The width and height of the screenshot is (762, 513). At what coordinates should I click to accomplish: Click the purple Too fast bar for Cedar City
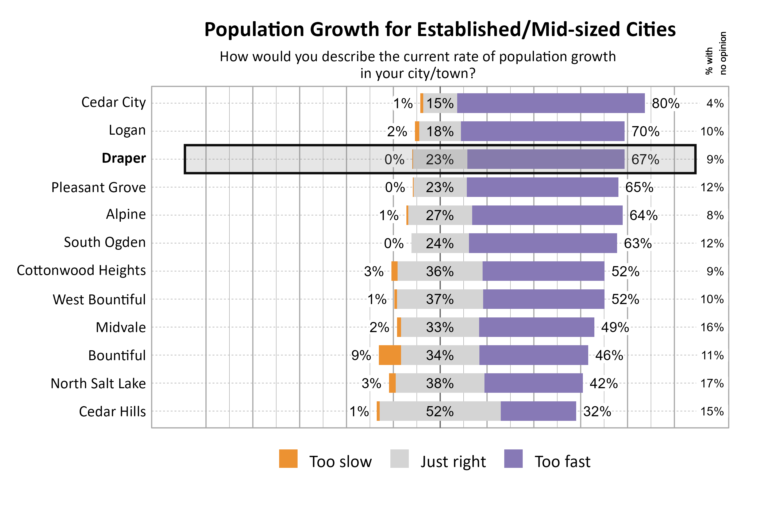click(551, 103)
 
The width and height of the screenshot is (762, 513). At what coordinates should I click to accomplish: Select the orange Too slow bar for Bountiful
click(390, 355)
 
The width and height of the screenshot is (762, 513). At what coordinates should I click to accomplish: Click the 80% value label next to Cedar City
click(665, 103)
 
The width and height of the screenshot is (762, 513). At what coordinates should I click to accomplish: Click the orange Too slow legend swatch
click(288, 458)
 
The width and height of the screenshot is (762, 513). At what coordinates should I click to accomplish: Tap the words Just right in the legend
click(453, 462)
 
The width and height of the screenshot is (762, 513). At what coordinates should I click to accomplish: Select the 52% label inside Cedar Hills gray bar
click(440, 411)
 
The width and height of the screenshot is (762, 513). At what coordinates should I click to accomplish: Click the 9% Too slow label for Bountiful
click(361, 355)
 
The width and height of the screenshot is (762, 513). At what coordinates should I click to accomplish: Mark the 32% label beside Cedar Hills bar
click(597, 411)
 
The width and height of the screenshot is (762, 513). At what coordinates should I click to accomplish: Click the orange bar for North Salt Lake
click(392, 383)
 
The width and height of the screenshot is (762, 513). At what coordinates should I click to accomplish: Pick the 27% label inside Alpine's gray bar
click(440, 215)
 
